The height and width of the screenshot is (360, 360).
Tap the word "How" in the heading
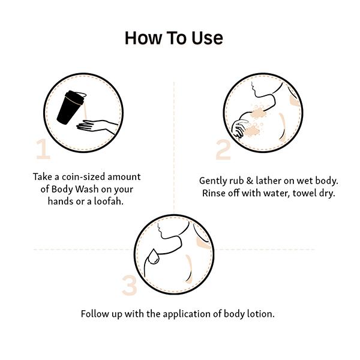(143, 38)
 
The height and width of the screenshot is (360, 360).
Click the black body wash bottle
(71, 107)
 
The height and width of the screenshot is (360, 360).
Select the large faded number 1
(43, 149)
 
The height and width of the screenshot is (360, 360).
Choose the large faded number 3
(129, 285)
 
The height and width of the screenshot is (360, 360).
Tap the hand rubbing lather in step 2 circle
(239, 128)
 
